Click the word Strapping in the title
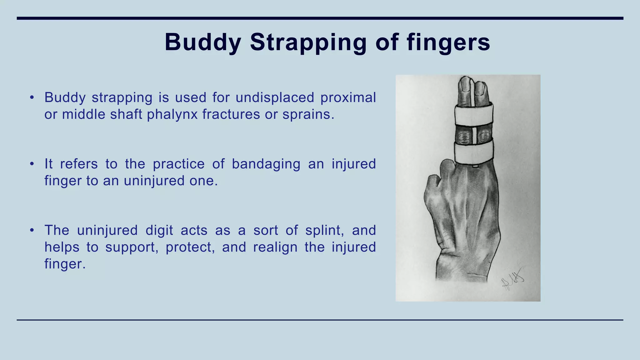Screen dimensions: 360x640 coord(308,42)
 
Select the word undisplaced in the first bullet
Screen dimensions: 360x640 coord(274,97)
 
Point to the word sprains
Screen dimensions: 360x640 coord(308,114)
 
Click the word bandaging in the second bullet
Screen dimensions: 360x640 coord(266,164)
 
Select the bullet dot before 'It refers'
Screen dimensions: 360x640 coord(32,164)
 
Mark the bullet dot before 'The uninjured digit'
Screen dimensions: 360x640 coord(32,230)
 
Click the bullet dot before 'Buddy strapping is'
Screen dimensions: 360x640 coord(32,97)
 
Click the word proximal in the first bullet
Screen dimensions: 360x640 coord(348,97)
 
